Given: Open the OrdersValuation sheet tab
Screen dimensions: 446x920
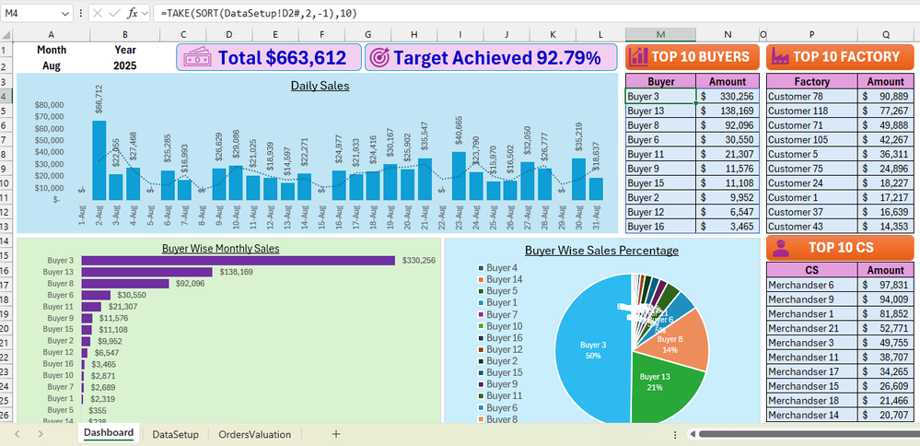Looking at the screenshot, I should [x=254, y=433].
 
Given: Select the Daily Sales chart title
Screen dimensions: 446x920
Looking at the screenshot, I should [x=320, y=86].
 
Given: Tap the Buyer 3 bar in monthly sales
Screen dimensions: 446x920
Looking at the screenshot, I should [x=238, y=261].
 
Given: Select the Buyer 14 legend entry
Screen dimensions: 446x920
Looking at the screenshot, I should [x=503, y=279].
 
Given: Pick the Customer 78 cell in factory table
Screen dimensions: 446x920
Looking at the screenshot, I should [x=810, y=97].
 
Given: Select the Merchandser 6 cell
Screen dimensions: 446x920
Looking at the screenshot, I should [x=810, y=286].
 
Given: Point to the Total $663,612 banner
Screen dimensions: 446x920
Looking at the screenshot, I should [x=268, y=57].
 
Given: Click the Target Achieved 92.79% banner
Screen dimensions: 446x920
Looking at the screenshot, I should [x=489, y=57].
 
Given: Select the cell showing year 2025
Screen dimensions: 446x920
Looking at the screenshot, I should [x=124, y=66].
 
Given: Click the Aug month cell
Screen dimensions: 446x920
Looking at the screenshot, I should [x=52, y=66].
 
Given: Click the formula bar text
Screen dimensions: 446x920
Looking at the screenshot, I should [x=259, y=14].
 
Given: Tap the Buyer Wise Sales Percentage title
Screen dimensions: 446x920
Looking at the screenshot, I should [x=601, y=251].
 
